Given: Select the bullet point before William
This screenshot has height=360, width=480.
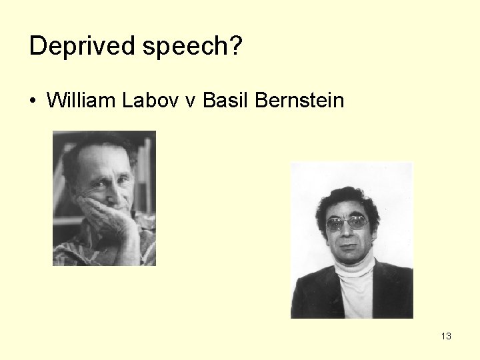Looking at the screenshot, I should [x=33, y=101].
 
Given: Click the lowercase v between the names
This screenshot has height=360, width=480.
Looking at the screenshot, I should [x=191, y=101].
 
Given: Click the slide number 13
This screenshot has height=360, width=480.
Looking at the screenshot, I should [x=446, y=336].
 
